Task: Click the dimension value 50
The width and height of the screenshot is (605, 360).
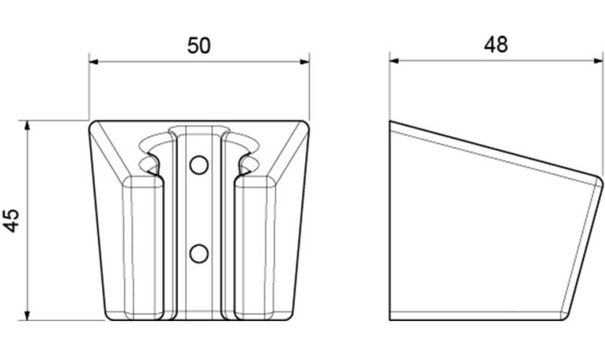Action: (x=199, y=45)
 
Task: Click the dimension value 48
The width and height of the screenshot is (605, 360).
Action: (x=496, y=45)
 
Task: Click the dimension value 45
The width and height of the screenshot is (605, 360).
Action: (x=12, y=221)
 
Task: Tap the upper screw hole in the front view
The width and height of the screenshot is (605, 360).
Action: (x=199, y=165)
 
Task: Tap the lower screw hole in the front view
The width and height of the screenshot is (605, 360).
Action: (x=199, y=253)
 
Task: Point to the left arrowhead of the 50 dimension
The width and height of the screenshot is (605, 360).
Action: (x=94, y=61)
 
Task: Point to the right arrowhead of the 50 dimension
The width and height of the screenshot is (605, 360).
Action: (x=305, y=61)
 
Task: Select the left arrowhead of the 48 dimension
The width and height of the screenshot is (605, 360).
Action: (x=395, y=60)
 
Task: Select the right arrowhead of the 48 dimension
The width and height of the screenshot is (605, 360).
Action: (x=598, y=60)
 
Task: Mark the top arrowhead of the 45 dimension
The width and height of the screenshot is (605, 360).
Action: (x=27, y=125)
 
